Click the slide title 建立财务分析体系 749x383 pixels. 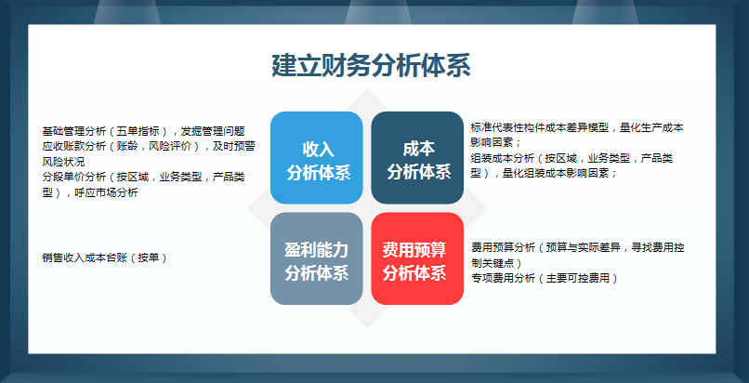click(x=371, y=66)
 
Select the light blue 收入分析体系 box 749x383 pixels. click(x=316, y=158)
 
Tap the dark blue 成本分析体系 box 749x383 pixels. click(x=417, y=158)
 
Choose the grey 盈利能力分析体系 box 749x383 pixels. click(x=316, y=259)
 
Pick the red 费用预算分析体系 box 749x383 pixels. click(x=417, y=259)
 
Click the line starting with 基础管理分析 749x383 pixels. click(x=143, y=131)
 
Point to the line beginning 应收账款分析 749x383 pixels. click(x=149, y=146)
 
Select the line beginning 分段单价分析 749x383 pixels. click(x=143, y=177)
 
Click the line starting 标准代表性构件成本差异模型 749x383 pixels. click(x=577, y=127)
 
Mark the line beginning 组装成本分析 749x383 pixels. click(x=572, y=158)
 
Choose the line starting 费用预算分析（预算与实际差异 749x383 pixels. click(x=578, y=247)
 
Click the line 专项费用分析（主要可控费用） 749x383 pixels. click(x=544, y=277)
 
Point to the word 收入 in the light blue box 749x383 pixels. click(x=317, y=149)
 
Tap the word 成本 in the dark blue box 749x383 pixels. click(x=418, y=149)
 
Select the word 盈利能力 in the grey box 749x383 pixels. click(x=317, y=250)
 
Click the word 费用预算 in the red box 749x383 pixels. click(x=418, y=250)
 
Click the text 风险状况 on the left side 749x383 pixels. click(x=63, y=162)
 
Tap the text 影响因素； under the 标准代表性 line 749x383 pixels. click(x=493, y=143)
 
